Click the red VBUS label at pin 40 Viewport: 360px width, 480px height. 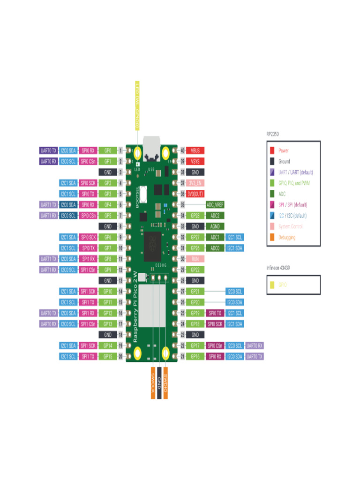tap(195, 150)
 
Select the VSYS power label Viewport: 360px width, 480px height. tap(195, 161)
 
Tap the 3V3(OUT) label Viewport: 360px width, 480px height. tap(195, 194)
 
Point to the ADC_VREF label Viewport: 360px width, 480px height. tap(215, 205)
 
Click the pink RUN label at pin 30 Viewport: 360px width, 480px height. tap(195, 259)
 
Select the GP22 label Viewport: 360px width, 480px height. tap(195, 270)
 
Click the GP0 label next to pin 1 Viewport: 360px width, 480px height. tap(108, 150)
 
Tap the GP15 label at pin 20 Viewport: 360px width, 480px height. tap(108, 356)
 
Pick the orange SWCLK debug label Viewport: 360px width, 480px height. tap(153, 386)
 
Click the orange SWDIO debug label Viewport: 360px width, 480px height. tap(166, 386)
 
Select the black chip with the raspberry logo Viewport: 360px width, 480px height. tap(151, 246)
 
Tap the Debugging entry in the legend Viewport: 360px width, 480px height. tap(286, 237)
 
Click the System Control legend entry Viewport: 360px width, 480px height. tap(290, 226)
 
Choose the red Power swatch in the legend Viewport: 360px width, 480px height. tap(272, 150)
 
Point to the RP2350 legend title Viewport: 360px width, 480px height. tap(273, 134)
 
